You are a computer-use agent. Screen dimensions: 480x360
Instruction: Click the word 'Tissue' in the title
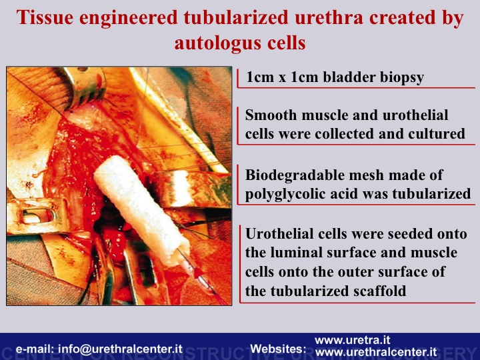[45, 17]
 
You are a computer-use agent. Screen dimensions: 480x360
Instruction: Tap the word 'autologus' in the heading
[217, 43]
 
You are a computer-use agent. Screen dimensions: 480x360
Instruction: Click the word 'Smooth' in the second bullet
[271, 115]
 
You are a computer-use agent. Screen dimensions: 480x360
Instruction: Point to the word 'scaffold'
[380, 291]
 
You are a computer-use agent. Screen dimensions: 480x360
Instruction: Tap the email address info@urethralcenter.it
[121, 349]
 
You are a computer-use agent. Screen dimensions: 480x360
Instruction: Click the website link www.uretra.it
[353, 340]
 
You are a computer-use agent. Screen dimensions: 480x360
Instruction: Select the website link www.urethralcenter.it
[376, 352]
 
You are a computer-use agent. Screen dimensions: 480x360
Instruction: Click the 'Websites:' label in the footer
[278, 349]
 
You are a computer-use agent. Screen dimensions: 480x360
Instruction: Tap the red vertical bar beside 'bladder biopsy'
[238, 79]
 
